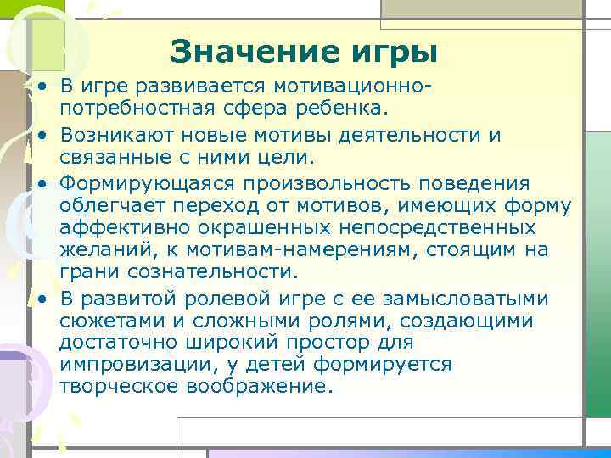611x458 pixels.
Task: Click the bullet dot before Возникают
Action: (40, 136)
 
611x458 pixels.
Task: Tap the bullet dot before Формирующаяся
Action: (40, 183)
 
